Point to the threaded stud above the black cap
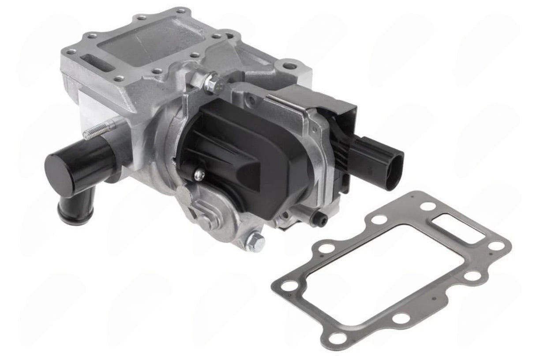tap(94, 131)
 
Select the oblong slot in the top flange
tap(94, 60)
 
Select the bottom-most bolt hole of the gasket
tap(337, 338)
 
